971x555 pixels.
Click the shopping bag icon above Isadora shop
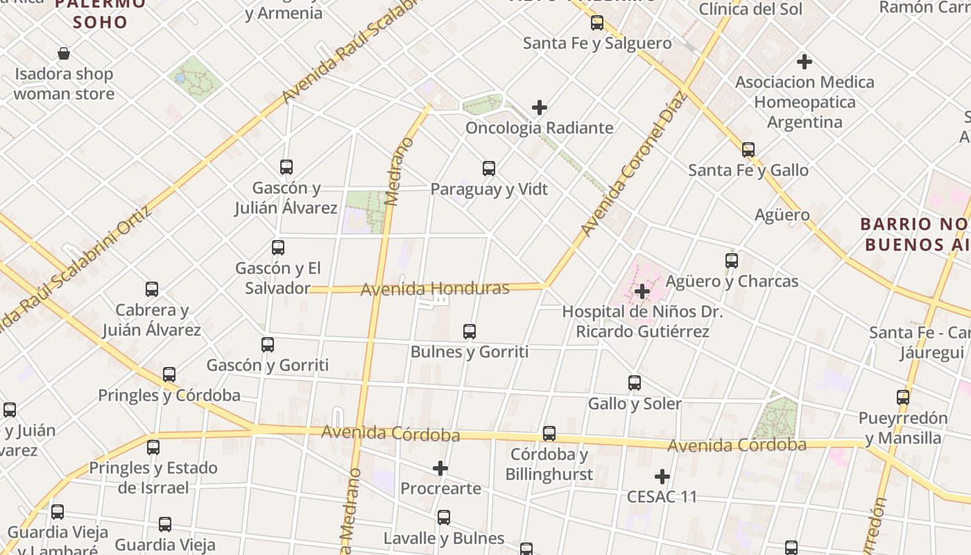pos(64,53)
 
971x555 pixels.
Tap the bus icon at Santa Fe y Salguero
pos(597,23)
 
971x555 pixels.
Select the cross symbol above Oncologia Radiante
pos(540,108)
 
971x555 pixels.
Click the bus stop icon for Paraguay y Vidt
pos(489,169)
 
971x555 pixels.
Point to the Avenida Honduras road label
pos(435,288)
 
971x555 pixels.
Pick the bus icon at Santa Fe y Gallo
pos(748,150)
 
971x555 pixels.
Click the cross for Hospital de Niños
pos(642,291)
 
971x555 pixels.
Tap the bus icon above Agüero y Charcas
pos(732,261)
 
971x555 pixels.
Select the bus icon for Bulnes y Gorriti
pos(470,332)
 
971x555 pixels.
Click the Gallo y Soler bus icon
pos(635,383)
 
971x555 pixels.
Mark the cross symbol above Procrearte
pos(440,469)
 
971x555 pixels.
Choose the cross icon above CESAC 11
pos(662,477)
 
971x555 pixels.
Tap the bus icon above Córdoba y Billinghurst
pos(549,434)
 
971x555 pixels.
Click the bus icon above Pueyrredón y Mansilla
pos(903,398)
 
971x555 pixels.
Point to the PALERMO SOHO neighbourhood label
pos(101,13)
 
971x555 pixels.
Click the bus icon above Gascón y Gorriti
pos(268,345)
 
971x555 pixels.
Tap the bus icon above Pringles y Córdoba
pos(169,375)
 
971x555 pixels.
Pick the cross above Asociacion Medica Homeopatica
pos(805,62)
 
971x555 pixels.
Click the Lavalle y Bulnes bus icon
pos(444,518)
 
